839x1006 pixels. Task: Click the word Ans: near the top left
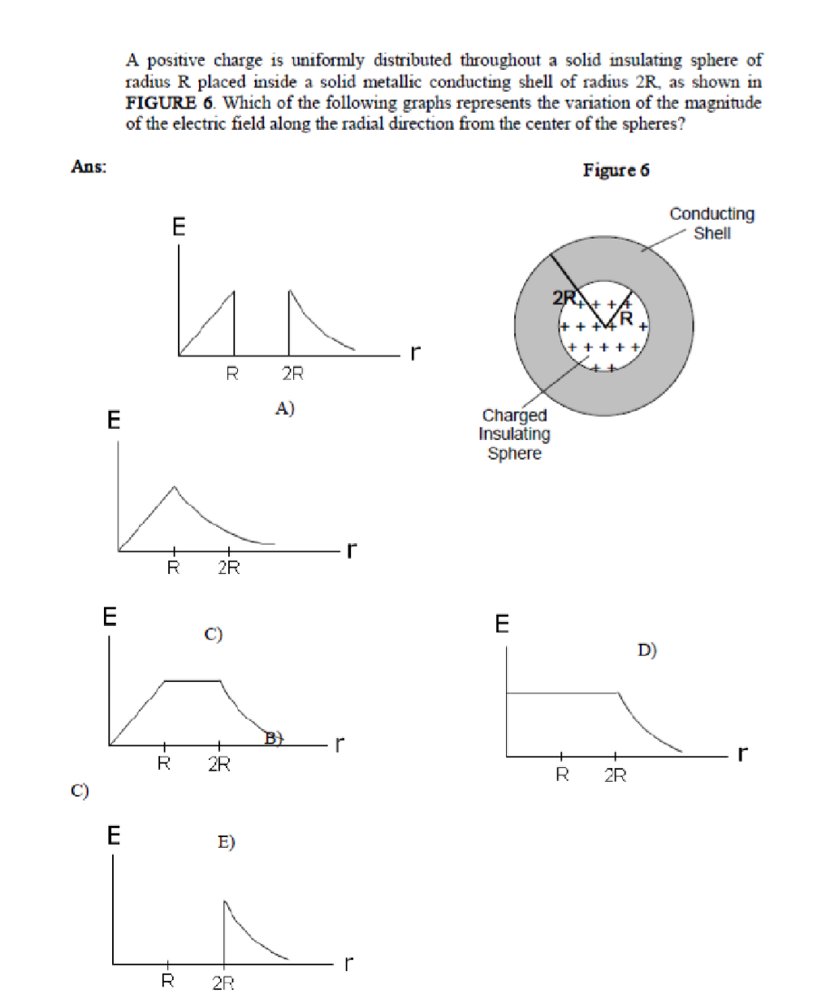coord(89,166)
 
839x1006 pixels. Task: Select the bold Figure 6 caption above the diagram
coord(616,170)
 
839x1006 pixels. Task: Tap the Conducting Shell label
coord(711,223)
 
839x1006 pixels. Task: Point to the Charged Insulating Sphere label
coord(514,434)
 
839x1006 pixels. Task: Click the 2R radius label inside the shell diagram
coord(563,298)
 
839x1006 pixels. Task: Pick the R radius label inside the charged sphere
coord(626,317)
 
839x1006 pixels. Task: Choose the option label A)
coord(284,408)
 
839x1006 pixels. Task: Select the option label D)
coord(647,650)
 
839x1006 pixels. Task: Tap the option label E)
coord(226,842)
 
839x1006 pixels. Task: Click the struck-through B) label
coord(274,737)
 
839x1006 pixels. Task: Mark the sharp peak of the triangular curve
coord(174,487)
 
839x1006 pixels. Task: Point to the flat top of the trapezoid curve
coord(192,680)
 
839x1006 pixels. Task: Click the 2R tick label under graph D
coord(615,775)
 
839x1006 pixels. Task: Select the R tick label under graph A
coord(232,373)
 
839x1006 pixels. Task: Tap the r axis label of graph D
coord(742,753)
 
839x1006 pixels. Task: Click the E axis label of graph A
coord(179,227)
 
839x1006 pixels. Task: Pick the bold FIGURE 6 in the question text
coord(171,103)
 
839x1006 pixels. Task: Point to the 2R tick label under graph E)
coord(223,983)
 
